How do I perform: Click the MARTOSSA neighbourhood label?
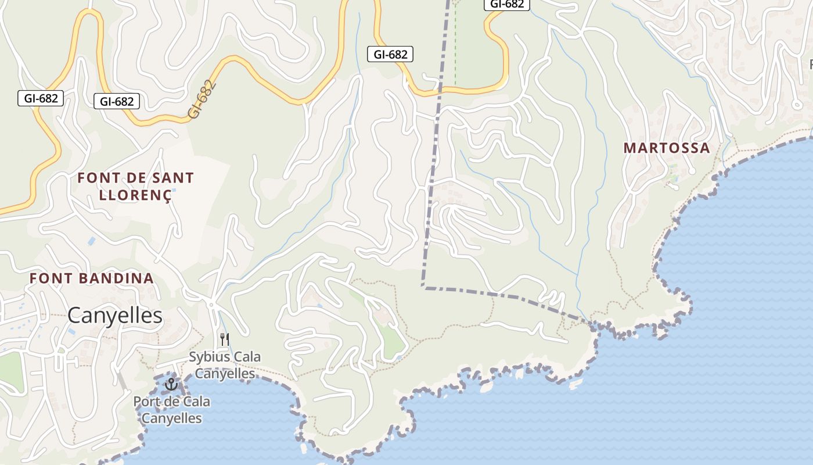(667, 148)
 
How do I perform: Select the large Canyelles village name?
(115, 316)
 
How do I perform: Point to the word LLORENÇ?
(135, 195)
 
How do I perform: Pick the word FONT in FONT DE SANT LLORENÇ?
(96, 178)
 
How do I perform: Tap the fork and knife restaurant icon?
(225, 339)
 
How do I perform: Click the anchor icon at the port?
(171, 384)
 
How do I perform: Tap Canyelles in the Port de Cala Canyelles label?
(172, 418)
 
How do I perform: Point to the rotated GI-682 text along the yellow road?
(202, 99)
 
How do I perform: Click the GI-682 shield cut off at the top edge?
(506, 4)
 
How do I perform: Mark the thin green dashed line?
(455, 46)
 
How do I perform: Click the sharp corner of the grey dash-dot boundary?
(424, 287)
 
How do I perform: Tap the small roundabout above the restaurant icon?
(211, 304)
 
